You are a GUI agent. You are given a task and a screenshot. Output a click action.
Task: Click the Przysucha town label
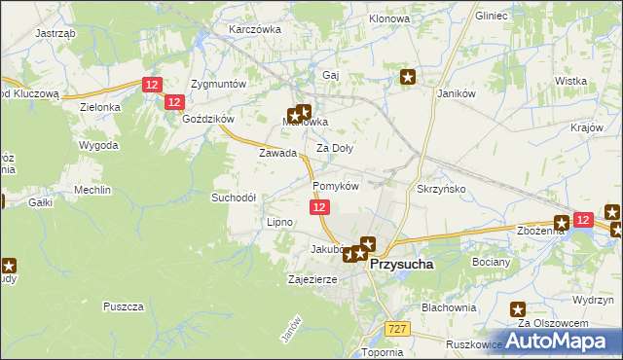(x=402, y=263)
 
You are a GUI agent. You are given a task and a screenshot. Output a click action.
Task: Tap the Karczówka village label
(x=254, y=29)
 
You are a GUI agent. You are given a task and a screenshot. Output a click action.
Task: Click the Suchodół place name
(x=234, y=197)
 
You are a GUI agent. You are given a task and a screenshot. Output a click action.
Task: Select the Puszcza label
(x=123, y=306)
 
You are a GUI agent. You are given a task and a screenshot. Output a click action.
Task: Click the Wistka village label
(x=569, y=81)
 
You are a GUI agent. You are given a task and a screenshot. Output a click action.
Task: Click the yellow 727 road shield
(x=395, y=331)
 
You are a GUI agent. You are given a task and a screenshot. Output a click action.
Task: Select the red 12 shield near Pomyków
(x=321, y=207)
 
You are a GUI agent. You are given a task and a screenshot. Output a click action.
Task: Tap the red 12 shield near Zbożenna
(x=583, y=221)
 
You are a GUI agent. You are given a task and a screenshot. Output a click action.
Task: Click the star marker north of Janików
(x=409, y=77)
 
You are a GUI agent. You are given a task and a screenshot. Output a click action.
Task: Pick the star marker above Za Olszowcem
(x=519, y=308)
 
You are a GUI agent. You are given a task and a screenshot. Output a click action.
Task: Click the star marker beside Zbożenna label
(x=562, y=223)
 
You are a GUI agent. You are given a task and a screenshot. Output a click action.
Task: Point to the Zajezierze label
(x=312, y=279)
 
